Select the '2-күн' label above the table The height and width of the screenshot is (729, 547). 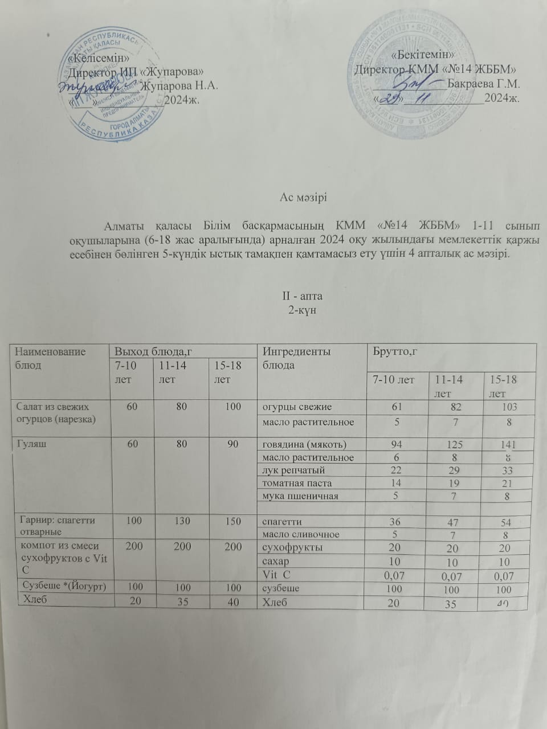(x=303, y=310)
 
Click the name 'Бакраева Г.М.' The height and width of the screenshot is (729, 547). (x=484, y=83)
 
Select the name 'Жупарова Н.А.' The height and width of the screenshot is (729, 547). (x=179, y=86)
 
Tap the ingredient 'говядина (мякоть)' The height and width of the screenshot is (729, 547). (x=304, y=445)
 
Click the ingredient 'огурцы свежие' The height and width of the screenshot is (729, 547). (x=297, y=407)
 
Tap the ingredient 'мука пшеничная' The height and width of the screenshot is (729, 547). (x=300, y=495)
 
